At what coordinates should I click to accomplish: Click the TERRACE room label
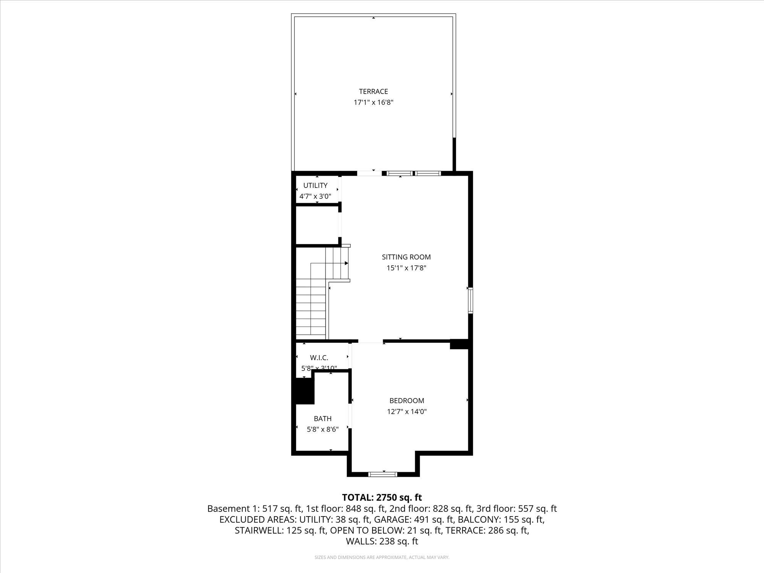pos(373,91)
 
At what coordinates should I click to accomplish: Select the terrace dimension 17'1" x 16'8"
pos(373,102)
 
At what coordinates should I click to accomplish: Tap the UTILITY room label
pos(315,185)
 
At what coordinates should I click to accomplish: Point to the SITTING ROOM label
pos(406,257)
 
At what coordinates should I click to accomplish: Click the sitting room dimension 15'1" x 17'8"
pos(406,268)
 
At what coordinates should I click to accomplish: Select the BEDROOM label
pos(406,401)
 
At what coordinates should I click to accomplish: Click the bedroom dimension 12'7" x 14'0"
pos(406,412)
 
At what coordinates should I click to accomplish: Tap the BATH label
pos(322,419)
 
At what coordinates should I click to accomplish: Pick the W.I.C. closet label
pos(319,358)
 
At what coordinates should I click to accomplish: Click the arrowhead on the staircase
pos(346,263)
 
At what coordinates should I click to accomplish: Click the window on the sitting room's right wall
pos(471,301)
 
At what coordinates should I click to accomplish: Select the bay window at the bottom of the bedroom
pos(383,474)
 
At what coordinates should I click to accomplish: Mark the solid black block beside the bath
pos(304,391)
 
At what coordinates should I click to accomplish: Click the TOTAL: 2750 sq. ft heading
pos(382,497)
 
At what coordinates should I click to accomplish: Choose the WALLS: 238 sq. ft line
pos(382,541)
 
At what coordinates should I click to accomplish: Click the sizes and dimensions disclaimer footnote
pos(382,557)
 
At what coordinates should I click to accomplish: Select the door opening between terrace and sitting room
pos(369,173)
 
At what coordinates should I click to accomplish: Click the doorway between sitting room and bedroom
pos(370,341)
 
